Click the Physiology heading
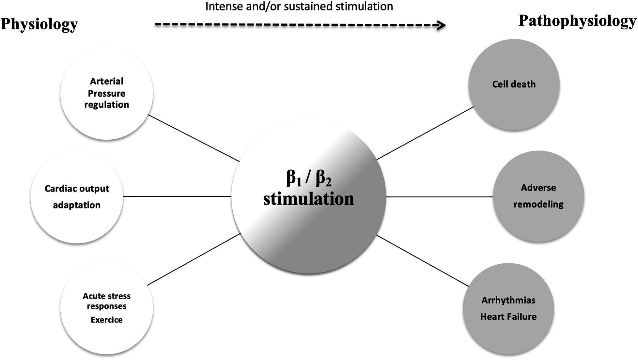[x=39, y=24]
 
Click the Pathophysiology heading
[x=577, y=21]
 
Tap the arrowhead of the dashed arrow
[x=442, y=25]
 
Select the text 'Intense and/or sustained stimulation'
[x=299, y=7]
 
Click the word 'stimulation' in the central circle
[x=308, y=199]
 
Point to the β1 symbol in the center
[x=294, y=178]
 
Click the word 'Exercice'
[x=107, y=320]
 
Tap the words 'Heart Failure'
[x=508, y=317]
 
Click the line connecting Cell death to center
[x=425, y=133]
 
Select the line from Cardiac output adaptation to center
[x=177, y=196]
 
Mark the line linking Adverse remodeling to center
[x=439, y=197]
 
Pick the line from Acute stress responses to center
[x=194, y=259]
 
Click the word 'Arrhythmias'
[x=508, y=300]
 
